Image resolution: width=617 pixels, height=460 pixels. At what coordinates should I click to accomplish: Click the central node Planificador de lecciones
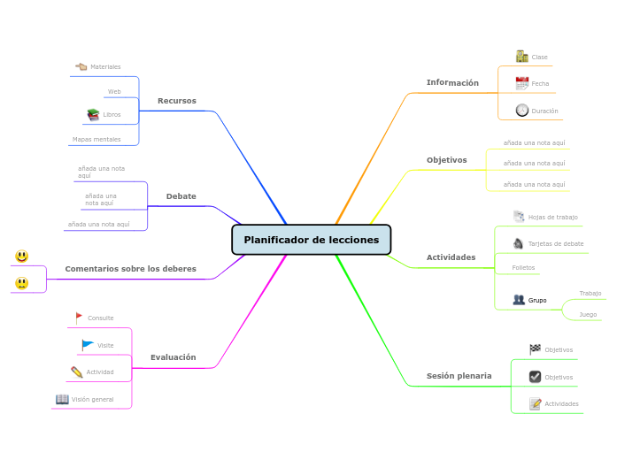(x=311, y=240)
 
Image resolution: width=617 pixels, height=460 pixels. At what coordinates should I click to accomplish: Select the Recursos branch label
(x=177, y=101)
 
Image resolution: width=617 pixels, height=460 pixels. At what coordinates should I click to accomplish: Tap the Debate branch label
(x=181, y=196)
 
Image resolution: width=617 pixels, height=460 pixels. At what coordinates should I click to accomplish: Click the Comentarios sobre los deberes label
(x=131, y=269)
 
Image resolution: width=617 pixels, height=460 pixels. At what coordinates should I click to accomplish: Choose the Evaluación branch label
(x=174, y=357)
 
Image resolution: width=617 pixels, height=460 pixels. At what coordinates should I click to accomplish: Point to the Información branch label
(x=452, y=83)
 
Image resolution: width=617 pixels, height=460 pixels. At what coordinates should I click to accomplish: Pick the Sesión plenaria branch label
(x=459, y=376)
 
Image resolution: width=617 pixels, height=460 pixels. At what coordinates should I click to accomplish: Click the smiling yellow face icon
(x=22, y=257)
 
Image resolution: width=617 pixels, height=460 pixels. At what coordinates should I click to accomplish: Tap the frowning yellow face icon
(x=22, y=283)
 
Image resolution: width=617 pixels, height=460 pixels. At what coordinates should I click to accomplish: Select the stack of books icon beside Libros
(x=93, y=115)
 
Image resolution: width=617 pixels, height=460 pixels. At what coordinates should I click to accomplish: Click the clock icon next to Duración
(x=522, y=111)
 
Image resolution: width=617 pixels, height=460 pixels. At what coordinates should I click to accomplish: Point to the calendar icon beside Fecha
(x=522, y=84)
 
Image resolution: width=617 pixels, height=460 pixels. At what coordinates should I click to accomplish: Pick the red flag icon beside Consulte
(x=79, y=317)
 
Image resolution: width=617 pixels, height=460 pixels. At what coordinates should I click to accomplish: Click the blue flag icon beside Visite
(x=88, y=344)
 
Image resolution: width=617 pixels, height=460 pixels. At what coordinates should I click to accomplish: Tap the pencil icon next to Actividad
(x=77, y=372)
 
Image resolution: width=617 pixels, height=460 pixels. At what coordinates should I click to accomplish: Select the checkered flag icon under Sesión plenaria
(x=535, y=349)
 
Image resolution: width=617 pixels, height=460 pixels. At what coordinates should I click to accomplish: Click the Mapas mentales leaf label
(x=96, y=140)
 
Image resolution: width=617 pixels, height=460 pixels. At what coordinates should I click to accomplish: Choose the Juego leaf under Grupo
(x=588, y=314)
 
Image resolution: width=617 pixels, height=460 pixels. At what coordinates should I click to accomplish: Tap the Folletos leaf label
(x=523, y=267)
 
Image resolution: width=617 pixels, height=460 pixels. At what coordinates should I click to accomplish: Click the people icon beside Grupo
(x=519, y=300)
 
